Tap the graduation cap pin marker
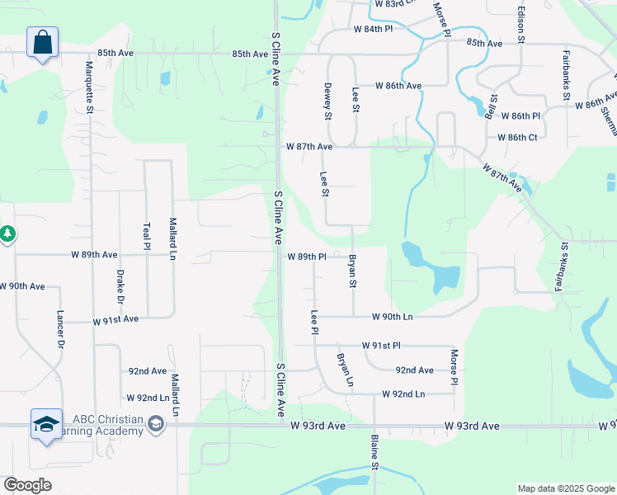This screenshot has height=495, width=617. (46, 426)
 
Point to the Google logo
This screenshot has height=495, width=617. (27, 485)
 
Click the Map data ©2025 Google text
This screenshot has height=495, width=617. (564, 488)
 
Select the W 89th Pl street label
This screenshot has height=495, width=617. (308, 257)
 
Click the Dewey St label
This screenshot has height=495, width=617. (327, 101)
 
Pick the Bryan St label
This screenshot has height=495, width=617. (353, 271)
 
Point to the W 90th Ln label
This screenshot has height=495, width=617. (392, 316)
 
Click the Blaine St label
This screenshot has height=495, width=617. (374, 453)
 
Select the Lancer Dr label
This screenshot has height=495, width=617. (60, 328)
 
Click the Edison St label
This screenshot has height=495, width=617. (520, 25)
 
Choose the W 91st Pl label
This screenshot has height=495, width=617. (380, 346)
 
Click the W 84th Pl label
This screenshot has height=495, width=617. (374, 29)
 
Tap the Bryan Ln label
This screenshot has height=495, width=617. (344, 370)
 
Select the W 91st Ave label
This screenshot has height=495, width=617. (116, 319)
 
